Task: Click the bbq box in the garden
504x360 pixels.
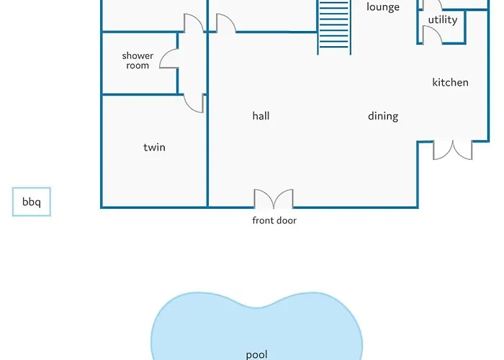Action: [32, 202]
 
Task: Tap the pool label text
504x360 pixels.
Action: [256, 355]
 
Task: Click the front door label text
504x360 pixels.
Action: [274, 220]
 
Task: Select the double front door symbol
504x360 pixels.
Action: [274, 199]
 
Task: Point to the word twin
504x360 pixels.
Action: [154, 147]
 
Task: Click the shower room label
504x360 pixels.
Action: [138, 60]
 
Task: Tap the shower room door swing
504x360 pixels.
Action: [169, 58]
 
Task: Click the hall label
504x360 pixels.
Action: [261, 116]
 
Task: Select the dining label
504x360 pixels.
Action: [383, 116]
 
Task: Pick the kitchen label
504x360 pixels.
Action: [450, 82]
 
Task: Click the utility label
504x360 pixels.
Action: [443, 20]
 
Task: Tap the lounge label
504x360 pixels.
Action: [383, 6]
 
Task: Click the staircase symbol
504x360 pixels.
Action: [334, 27]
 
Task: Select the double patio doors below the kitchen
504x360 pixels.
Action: [453, 150]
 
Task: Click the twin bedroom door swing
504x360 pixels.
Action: [194, 103]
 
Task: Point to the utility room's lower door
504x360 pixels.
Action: [432, 35]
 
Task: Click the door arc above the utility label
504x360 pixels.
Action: [433, 4]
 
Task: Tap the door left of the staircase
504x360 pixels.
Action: [226, 23]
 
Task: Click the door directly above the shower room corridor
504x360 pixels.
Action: [194, 23]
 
